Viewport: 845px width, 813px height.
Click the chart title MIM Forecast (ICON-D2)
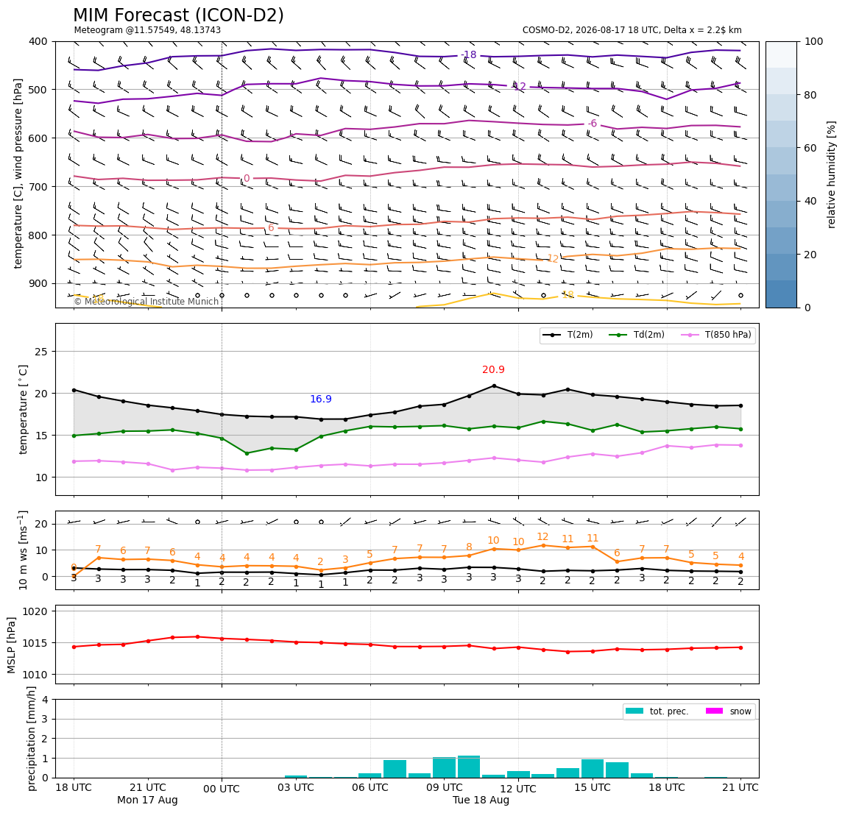[x=178, y=15]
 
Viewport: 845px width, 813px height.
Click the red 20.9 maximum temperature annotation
[x=493, y=369]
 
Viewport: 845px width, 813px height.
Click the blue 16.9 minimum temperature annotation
[x=321, y=400]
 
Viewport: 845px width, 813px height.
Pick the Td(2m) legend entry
[x=637, y=335]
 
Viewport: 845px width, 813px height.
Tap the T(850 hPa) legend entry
[x=716, y=335]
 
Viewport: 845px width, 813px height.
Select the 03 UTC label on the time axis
[x=296, y=787]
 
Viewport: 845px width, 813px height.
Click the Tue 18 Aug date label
[x=481, y=800]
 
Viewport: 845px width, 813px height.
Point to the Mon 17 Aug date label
[x=147, y=800]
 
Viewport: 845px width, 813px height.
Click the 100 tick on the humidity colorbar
[x=814, y=41]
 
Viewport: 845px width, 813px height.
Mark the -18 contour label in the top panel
[x=469, y=54]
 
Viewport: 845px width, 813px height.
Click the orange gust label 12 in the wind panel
[x=542, y=536]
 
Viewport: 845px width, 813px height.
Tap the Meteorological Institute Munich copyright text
[x=146, y=302]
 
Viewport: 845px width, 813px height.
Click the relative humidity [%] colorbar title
[x=832, y=174]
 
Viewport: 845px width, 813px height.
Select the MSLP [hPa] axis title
[x=12, y=645]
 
